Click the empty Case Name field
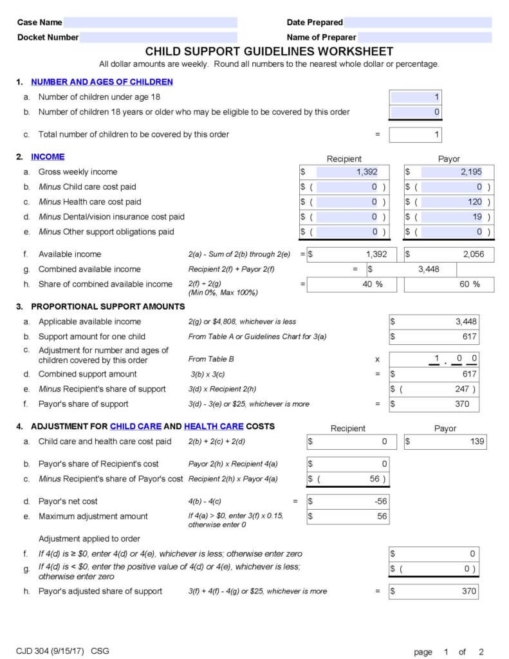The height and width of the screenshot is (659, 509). point(151,23)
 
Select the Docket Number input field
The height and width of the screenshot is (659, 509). point(158,37)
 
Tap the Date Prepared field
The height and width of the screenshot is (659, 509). point(418,23)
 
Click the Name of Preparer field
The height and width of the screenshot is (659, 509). point(424,37)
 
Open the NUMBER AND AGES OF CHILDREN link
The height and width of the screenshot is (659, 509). point(102,82)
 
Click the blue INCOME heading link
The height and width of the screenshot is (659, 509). point(48,156)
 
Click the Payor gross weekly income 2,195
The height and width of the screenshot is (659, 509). point(450,172)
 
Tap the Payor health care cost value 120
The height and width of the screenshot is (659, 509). point(450,202)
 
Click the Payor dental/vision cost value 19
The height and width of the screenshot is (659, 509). point(450,217)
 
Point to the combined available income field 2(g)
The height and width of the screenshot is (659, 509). point(412,269)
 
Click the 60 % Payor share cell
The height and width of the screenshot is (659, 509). point(449,284)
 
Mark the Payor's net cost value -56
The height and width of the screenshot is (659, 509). point(347,501)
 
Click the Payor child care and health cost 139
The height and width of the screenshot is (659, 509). point(445,441)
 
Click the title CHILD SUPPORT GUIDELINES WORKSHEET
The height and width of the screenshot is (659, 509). point(269,51)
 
